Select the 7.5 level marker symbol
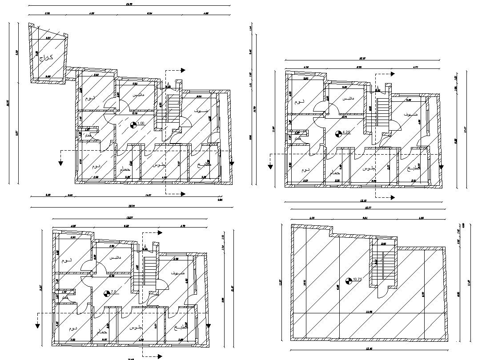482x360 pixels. pos(106,293)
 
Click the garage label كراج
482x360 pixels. pos(46,57)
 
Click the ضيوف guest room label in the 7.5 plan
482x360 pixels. pos(178,272)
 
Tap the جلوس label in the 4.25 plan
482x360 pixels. pos(369,169)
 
